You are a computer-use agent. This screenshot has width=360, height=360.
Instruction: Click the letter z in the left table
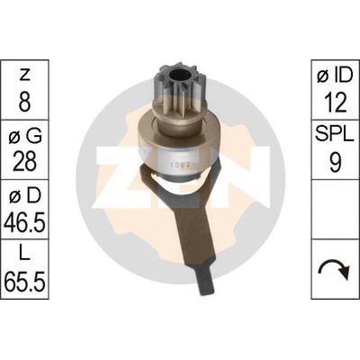point(24,75)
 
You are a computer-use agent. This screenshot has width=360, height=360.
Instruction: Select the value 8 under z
point(24,102)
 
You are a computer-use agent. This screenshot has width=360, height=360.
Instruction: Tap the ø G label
point(24,137)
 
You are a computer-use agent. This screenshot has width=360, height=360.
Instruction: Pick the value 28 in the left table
point(24,161)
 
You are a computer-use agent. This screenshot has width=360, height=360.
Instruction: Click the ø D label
point(24,196)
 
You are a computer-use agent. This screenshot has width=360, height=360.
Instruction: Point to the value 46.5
point(24,222)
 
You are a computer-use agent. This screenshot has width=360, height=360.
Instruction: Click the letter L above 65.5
point(24,255)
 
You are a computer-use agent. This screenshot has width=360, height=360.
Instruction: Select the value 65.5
point(24,282)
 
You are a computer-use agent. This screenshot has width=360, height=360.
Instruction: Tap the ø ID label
point(335,76)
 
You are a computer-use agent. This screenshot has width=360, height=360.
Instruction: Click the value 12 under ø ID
point(335,103)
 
